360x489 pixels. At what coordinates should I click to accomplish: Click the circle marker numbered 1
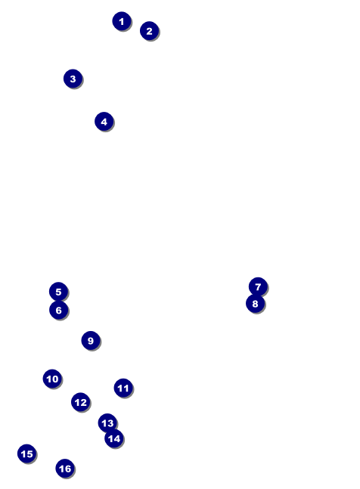pyautogui.click(x=122, y=21)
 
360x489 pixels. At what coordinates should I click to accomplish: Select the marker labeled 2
pyautogui.click(x=150, y=31)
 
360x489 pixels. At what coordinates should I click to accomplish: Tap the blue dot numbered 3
pyautogui.click(x=73, y=79)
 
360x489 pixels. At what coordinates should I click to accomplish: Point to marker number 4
pyautogui.click(x=104, y=122)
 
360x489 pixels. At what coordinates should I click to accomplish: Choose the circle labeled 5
pyautogui.click(x=59, y=292)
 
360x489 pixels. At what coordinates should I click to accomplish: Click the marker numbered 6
pyautogui.click(x=59, y=310)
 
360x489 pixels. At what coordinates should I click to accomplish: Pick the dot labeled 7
pyautogui.click(x=258, y=286)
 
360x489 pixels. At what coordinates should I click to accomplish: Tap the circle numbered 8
pyautogui.click(x=255, y=303)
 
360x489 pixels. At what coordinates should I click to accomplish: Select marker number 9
pyautogui.click(x=91, y=341)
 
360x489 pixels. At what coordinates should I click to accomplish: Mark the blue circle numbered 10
pyautogui.click(x=52, y=379)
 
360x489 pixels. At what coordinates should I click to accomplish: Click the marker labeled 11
pyautogui.click(x=123, y=388)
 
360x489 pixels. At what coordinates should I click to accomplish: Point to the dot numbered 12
pyautogui.click(x=81, y=402)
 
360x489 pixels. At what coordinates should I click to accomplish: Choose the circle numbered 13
pyautogui.click(x=107, y=423)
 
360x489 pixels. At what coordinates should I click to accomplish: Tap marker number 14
pyautogui.click(x=114, y=438)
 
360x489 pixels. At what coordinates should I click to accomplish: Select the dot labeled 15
pyautogui.click(x=26, y=453)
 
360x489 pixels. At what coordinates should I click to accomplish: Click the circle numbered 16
pyautogui.click(x=65, y=469)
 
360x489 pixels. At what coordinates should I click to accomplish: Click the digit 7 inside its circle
pyautogui.click(x=258, y=286)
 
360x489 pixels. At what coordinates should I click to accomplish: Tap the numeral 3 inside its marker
pyautogui.click(x=73, y=79)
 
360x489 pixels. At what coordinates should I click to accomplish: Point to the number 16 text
pyautogui.click(x=65, y=469)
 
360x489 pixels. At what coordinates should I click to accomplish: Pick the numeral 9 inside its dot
pyautogui.click(x=91, y=341)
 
